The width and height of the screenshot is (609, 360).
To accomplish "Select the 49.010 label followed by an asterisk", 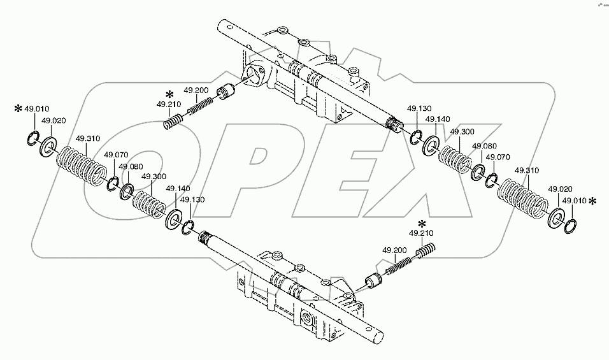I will click(x=574, y=201).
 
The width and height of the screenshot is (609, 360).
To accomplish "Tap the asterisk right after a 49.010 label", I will click(x=593, y=201).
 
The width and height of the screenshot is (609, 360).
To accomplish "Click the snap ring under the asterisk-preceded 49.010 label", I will click(x=34, y=138).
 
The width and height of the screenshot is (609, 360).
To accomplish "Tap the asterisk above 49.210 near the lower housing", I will click(x=422, y=224).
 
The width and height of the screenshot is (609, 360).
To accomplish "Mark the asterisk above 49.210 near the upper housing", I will click(x=169, y=94).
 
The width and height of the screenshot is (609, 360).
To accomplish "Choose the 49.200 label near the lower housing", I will click(x=394, y=250).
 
